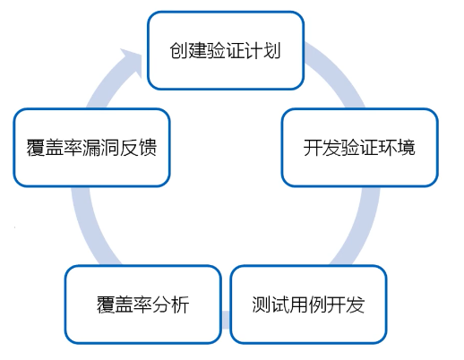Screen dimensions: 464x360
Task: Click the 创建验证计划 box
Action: coord(226,50)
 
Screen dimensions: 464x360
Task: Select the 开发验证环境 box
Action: coord(360,148)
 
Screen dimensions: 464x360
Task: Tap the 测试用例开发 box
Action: coord(308,304)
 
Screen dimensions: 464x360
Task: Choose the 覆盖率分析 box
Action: coord(143,304)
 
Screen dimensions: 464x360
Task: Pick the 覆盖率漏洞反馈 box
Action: coord(91,148)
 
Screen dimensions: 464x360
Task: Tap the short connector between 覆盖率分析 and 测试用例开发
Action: coord(226,320)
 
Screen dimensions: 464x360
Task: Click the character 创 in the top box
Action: coord(178,50)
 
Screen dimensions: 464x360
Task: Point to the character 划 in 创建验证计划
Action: coord(271,50)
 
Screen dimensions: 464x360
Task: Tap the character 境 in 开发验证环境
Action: coord(406,148)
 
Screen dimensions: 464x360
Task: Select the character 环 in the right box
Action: coord(388,148)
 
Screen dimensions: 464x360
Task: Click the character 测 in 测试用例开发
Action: coord(262,304)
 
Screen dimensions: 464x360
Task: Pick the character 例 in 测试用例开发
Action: coord(318,304)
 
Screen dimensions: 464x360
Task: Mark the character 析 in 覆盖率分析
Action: coord(180,304)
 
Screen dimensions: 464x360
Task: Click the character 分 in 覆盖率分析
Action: coord(161,304)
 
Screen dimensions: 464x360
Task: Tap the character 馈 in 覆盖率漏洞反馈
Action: coord(148,148)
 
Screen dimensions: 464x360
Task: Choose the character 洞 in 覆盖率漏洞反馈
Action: coord(110,148)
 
